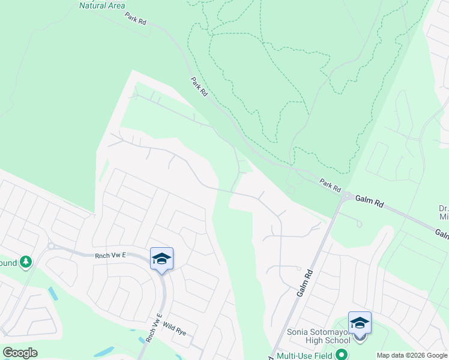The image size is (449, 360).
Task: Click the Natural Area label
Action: [x=102, y=6]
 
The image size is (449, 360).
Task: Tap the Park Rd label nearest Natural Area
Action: [x=136, y=19]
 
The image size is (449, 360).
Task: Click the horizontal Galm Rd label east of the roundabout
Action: [x=369, y=200]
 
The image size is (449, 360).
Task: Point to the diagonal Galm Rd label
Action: [x=305, y=282]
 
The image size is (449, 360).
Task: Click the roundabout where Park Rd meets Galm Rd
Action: [x=347, y=196]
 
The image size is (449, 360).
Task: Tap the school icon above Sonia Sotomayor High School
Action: [x=360, y=323]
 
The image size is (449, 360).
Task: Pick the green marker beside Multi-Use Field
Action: [x=342, y=355]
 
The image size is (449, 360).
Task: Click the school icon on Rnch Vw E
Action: [x=161, y=259]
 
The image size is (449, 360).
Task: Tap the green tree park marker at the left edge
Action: [x=25, y=262]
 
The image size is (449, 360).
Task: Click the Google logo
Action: [x=20, y=353]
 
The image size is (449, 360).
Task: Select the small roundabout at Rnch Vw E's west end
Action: [x=52, y=245]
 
